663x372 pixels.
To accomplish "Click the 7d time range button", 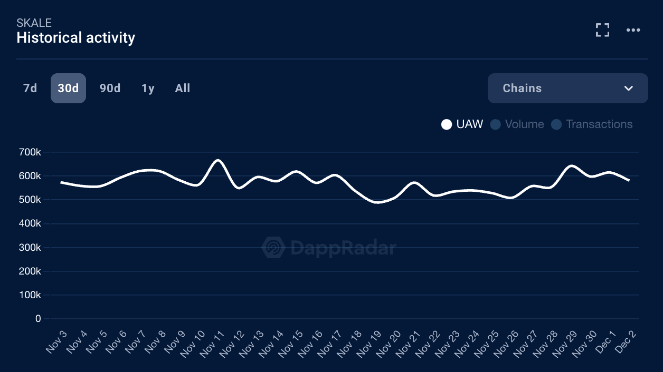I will tap(30, 89).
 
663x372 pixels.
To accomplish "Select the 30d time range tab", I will tap(68, 89).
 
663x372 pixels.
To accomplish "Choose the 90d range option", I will tap(110, 89).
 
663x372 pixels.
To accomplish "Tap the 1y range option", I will tap(148, 89).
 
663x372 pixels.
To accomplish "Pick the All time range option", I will tap(183, 89).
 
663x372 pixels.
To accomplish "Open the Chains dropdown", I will tap(567, 89).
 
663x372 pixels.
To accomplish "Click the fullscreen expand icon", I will tap(602, 30).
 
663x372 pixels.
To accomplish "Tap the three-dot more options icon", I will tap(633, 30).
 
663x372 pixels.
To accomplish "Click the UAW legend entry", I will tap(462, 124).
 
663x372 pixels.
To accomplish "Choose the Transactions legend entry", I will tap(592, 124).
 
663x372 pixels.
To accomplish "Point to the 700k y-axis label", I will tap(30, 152).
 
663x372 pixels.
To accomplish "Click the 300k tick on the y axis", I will tap(30, 248).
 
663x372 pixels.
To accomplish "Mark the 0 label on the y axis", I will tap(38, 319).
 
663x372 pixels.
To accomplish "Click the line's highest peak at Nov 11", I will tap(219, 160).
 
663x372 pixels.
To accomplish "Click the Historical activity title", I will tap(76, 38).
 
